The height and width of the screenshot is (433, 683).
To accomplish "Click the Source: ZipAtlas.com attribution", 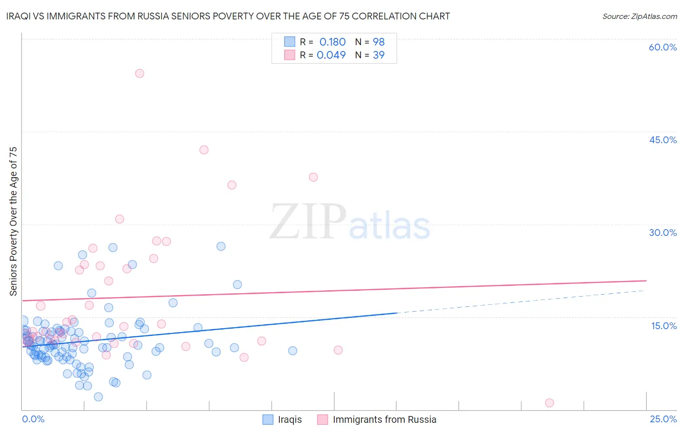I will pyautogui.click(x=639, y=16).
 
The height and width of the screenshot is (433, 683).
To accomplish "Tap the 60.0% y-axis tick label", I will pyautogui.click(x=663, y=47).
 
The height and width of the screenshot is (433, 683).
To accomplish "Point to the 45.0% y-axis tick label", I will pyautogui.click(x=663, y=140).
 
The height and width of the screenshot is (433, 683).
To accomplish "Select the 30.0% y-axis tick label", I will pyautogui.click(x=663, y=233).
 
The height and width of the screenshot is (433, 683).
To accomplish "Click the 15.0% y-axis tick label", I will pyautogui.click(x=664, y=326).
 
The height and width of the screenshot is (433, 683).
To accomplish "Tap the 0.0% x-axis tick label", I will pyautogui.click(x=33, y=419).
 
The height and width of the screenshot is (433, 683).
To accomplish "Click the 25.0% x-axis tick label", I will pyautogui.click(x=663, y=419).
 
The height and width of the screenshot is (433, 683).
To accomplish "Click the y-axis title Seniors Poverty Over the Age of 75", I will pyautogui.click(x=13, y=221).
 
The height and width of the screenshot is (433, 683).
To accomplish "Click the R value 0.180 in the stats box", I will pyautogui.click(x=332, y=42).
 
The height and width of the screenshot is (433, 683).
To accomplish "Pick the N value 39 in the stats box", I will pyautogui.click(x=378, y=55).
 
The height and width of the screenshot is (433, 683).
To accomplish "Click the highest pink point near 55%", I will pyautogui.click(x=139, y=73).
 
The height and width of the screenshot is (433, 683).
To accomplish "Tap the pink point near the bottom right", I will pyautogui.click(x=549, y=402).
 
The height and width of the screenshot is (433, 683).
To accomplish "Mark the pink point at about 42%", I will pyautogui.click(x=204, y=150).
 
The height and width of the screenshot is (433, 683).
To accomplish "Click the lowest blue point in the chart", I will pyautogui.click(x=98, y=397).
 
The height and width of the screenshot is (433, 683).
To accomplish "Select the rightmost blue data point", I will pyautogui.click(x=292, y=350).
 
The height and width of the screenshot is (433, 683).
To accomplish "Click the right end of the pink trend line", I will pyautogui.click(x=646, y=281).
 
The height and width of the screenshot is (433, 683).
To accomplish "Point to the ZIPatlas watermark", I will pyautogui.click(x=350, y=222).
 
